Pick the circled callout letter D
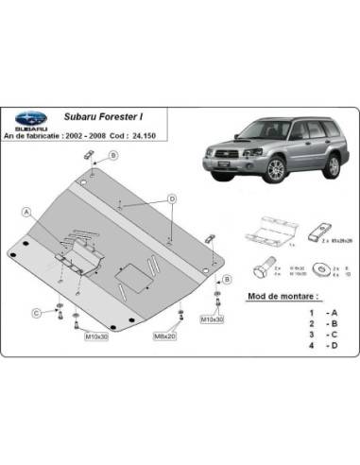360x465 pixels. [173, 198]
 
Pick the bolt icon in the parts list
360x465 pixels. [264, 267]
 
